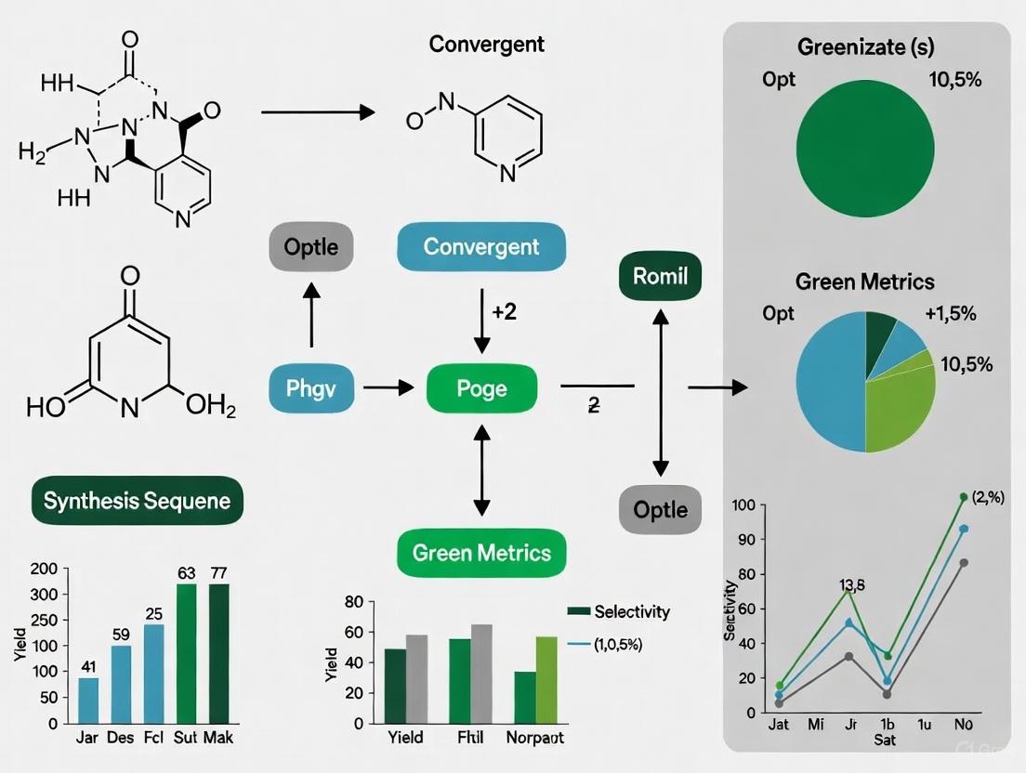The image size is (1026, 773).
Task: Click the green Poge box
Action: (x=481, y=388)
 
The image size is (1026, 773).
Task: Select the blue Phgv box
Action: (x=311, y=388)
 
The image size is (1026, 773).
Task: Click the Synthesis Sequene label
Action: (x=138, y=502)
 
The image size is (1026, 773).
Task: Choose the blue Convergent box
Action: (x=480, y=247)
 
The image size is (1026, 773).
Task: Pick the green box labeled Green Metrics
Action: (x=481, y=554)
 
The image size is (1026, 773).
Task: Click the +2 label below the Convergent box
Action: (x=504, y=312)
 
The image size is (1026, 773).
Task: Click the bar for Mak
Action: (x=218, y=653)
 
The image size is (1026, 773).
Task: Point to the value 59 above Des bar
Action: (x=122, y=635)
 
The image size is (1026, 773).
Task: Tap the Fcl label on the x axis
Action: (x=153, y=740)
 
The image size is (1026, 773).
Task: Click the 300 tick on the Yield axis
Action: (x=45, y=594)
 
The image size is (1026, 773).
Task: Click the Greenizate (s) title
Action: (x=865, y=46)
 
